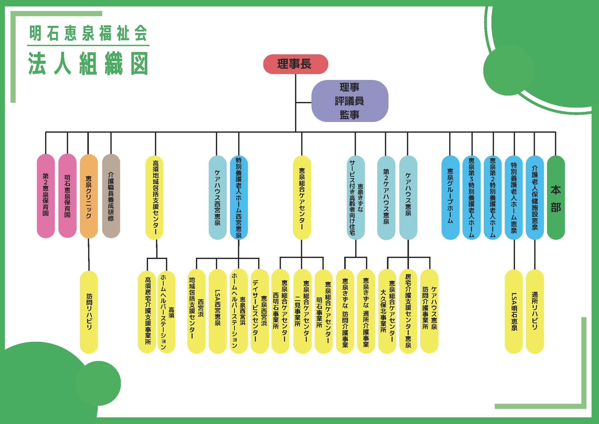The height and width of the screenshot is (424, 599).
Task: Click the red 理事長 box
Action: (x=295, y=64)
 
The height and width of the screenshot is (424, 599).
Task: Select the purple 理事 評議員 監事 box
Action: (x=350, y=101)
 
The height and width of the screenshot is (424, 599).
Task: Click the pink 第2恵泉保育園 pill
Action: (x=46, y=196)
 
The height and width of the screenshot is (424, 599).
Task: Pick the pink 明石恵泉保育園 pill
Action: (x=67, y=196)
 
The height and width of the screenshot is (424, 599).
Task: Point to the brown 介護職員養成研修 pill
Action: (x=111, y=196)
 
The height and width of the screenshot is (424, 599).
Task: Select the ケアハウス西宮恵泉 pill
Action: (x=217, y=197)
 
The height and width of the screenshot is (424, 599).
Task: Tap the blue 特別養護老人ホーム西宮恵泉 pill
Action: (x=239, y=197)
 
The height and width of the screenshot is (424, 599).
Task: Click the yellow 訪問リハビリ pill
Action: (x=89, y=312)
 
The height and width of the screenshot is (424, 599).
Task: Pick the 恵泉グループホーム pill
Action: (x=450, y=197)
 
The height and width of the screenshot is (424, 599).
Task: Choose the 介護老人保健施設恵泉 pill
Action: (x=534, y=197)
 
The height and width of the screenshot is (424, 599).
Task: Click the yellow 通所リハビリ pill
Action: (x=534, y=311)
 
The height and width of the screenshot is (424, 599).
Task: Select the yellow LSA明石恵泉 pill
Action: (x=514, y=311)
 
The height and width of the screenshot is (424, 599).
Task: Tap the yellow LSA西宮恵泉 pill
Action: (x=217, y=311)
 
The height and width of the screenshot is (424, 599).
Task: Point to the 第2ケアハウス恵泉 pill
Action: (x=386, y=197)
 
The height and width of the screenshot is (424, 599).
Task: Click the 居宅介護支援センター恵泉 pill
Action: (x=408, y=311)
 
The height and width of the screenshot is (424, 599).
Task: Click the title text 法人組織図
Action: (x=88, y=64)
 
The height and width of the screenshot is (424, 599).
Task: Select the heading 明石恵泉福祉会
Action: (x=88, y=33)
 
